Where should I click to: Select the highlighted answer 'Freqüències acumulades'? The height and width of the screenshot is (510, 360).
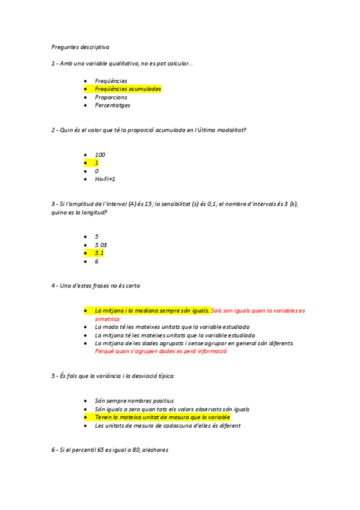pyautogui.click(x=127, y=89)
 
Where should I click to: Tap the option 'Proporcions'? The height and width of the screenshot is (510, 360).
pyautogui.click(x=111, y=97)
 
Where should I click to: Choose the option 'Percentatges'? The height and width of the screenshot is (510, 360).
pyautogui.click(x=112, y=105)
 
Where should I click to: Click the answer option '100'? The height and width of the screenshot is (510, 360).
pyautogui.click(x=100, y=155)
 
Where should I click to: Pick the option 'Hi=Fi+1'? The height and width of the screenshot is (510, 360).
pyautogui.click(x=105, y=179)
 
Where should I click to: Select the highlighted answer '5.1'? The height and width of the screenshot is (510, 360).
pyautogui.click(x=99, y=253)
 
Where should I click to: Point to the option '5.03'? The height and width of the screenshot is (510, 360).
pyautogui.click(x=100, y=245)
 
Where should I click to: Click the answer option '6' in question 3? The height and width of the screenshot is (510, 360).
pyautogui.click(x=97, y=262)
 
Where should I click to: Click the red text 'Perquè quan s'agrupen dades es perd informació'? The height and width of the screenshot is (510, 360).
pyautogui.click(x=160, y=351)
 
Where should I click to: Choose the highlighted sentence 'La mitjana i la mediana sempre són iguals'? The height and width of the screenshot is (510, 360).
pyautogui.click(x=152, y=311)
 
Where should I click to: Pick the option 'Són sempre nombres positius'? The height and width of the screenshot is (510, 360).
pyautogui.click(x=134, y=401)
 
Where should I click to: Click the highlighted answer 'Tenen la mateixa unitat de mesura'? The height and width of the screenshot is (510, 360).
pyautogui.click(x=162, y=417)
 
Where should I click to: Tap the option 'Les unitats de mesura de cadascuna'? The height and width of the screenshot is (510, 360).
pyautogui.click(x=168, y=426)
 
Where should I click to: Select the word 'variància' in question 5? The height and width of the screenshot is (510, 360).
pyautogui.click(x=112, y=376)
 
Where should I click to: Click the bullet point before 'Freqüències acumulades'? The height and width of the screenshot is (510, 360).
pyautogui.click(x=87, y=89)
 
